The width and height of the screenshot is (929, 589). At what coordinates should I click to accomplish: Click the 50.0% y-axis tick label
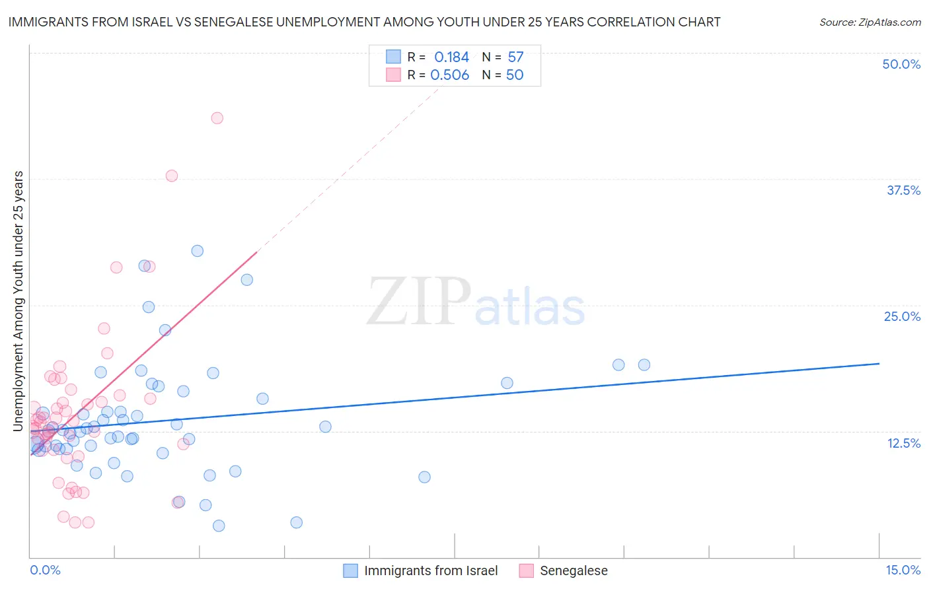[x=901, y=64]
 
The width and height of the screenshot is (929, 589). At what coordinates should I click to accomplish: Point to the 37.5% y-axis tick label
[x=903, y=190]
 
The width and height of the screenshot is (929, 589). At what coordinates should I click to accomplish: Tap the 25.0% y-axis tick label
[x=902, y=316]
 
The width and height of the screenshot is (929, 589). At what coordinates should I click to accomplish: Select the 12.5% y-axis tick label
[x=903, y=443]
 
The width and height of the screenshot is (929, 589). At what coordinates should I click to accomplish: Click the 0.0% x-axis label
[x=45, y=570]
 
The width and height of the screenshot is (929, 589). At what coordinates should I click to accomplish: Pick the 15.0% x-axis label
[x=903, y=570]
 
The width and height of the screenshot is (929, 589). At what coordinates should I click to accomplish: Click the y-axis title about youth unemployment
[x=19, y=301]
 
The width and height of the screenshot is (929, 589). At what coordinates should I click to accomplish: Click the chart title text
[x=364, y=22]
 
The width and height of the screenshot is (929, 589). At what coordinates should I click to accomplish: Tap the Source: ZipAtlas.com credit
[x=870, y=22]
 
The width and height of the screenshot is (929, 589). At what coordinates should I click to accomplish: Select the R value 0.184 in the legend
[x=451, y=57]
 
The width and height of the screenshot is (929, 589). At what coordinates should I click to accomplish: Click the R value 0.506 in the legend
[x=449, y=75]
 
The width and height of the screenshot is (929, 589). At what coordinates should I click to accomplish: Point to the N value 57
[x=515, y=57]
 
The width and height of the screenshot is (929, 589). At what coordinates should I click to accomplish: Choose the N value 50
[x=515, y=75]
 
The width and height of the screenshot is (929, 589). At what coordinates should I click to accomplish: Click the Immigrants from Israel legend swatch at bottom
[x=350, y=571]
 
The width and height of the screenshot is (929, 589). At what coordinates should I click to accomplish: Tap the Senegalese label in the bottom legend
[x=574, y=571]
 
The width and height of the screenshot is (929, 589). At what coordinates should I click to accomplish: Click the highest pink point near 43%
[x=217, y=118]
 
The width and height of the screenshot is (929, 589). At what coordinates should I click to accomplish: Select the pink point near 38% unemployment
[x=172, y=176]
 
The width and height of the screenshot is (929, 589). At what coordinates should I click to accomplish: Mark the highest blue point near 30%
[x=197, y=251]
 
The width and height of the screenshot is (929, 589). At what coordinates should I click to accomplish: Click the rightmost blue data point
[x=644, y=365]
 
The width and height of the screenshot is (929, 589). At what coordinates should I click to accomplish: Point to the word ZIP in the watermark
[x=418, y=302]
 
